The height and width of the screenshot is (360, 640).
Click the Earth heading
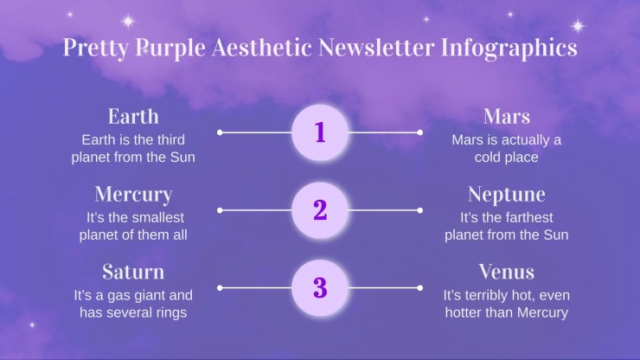133,117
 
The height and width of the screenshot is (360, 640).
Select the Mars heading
507,117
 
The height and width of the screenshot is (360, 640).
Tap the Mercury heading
133,195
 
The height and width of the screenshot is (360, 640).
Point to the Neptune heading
507,195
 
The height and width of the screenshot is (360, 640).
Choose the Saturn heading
133,272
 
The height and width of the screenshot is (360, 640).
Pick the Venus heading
507,272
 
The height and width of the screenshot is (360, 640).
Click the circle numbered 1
320,132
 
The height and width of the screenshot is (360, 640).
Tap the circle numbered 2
320,210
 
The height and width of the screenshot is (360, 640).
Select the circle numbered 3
320,287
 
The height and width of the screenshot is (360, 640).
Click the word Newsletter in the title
376,47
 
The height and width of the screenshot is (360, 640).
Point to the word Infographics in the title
509,48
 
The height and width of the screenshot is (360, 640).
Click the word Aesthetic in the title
262,47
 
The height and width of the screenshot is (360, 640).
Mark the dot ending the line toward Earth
220,132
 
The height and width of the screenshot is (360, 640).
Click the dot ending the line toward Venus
420,287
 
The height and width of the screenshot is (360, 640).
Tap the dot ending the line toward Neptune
420,210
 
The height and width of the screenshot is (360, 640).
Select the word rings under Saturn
171,313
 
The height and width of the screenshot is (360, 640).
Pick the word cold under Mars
487,157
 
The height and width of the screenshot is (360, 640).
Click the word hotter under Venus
464,312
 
